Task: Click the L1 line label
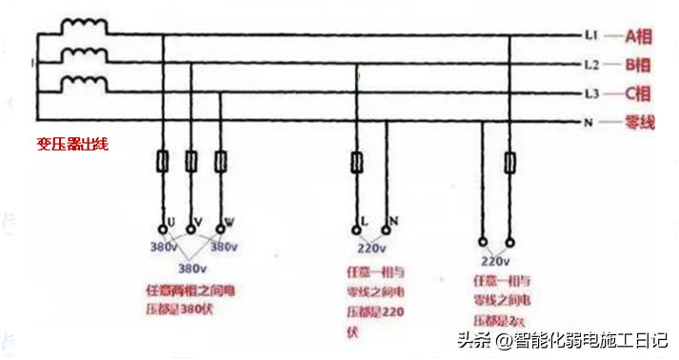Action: pyautogui.click(x=590, y=36)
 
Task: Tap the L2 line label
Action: pyautogui.click(x=590, y=66)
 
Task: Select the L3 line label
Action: pyautogui.click(x=590, y=94)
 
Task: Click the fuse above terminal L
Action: pyautogui.click(x=357, y=163)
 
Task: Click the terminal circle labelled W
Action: pyautogui.click(x=221, y=228)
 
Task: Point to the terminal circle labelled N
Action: pyautogui.click(x=387, y=228)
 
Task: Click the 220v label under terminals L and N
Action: pyautogui.click(x=372, y=249)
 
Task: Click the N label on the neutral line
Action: pyautogui.click(x=589, y=122)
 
